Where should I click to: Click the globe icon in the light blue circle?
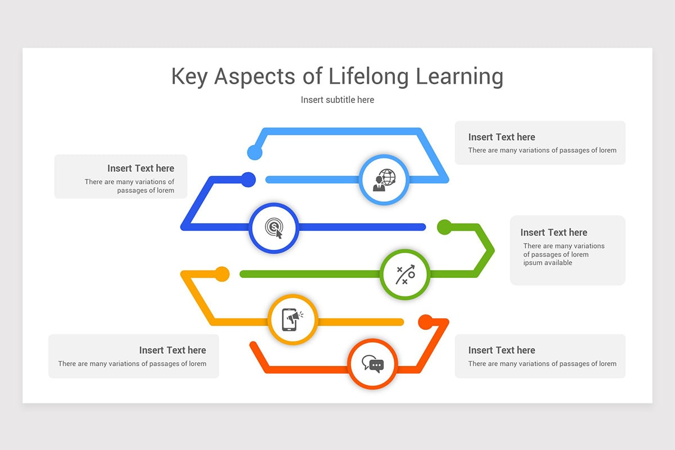pos(384,179)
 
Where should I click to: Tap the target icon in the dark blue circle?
pos(273,228)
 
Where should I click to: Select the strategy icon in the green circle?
pos(405,274)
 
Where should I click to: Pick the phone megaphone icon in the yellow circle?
pos(292,319)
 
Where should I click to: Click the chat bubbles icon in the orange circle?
pos(372,363)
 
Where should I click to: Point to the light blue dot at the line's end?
pos(255,152)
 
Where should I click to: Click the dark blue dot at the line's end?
pos(248,179)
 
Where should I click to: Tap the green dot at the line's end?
pos(444,227)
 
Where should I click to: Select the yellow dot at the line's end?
pos(222,274)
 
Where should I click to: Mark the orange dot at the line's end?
pos(426,322)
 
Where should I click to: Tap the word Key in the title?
pos(190,77)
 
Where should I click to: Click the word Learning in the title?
pos(460,77)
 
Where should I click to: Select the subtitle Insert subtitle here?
pos(337,100)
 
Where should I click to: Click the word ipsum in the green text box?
pos(533,263)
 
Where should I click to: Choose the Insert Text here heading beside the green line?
pos(553,232)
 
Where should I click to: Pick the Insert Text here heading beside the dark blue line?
pos(141,168)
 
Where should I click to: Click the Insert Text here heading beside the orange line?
pos(502,350)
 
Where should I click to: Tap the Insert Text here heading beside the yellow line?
pos(173,350)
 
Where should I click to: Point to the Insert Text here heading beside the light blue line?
pos(502,137)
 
